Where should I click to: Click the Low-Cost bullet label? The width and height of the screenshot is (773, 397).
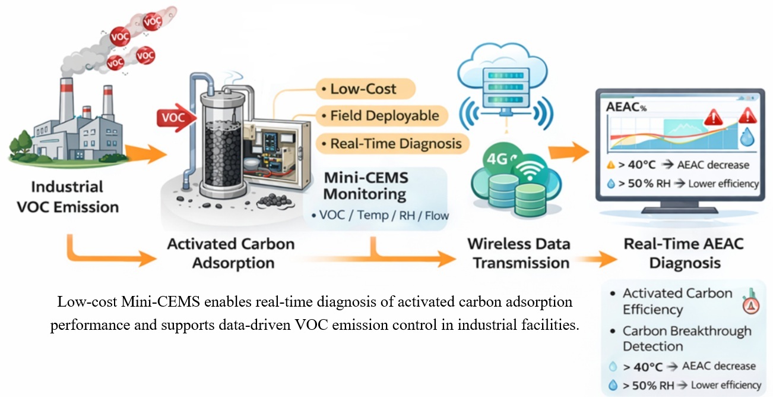click(364, 89)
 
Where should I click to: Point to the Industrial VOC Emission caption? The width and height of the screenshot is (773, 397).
click(75, 197)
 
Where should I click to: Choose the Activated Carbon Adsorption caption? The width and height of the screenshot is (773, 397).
click(231, 253)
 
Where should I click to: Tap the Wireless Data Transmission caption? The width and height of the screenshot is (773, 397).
click(518, 253)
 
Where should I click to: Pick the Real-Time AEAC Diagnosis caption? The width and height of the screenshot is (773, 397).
click(684, 253)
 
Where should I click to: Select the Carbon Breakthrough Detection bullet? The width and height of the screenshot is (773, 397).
click(686, 339)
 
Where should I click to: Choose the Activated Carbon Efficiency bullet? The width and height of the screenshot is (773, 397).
click(677, 301)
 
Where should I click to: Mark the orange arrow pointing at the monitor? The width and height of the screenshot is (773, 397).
click(565, 153)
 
